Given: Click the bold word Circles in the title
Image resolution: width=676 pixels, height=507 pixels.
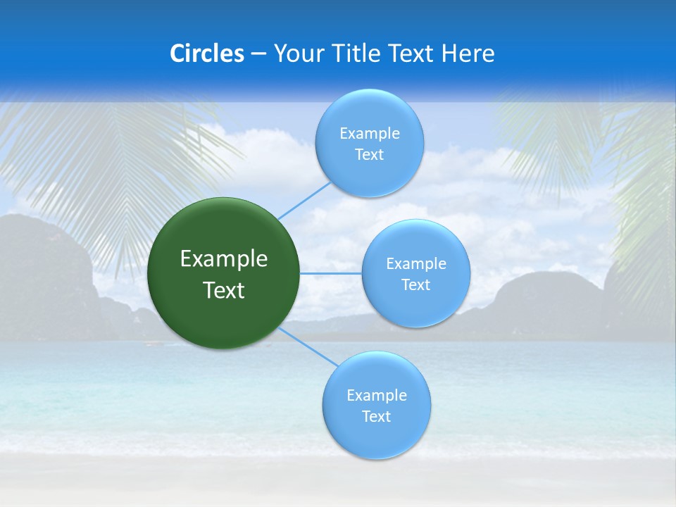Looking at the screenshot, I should coord(207,54).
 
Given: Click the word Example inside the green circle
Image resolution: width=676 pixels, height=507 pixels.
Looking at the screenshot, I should coord(224,259).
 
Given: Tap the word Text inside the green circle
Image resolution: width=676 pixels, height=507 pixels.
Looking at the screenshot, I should coord(224,290).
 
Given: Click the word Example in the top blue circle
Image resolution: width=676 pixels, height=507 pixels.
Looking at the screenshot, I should coord(370,134).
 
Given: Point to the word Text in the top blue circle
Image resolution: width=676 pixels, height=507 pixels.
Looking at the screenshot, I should coord(369,155).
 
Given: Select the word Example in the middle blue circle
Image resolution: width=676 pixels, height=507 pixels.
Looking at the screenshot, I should coord(416,264).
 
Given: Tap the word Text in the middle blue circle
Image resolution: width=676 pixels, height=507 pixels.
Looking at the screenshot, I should coord(415,285).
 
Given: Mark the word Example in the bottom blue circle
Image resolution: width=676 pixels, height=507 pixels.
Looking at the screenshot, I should coord(377,396).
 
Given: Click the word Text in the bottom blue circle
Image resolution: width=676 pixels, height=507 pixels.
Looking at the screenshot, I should coord(376,417).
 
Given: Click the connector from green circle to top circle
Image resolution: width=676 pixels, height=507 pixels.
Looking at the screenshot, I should coord(304,200).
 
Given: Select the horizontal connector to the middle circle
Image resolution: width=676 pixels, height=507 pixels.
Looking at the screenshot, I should coord(331,273).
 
